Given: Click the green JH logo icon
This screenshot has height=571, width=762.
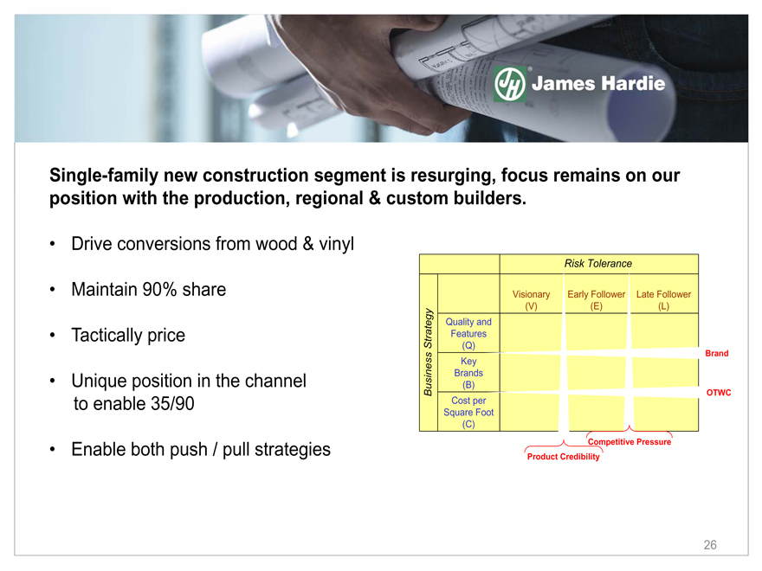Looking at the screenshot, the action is tap(510, 84).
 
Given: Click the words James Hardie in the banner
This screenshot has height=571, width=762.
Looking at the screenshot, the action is tap(598, 84).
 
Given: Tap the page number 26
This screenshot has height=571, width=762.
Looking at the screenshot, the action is tap(710, 545).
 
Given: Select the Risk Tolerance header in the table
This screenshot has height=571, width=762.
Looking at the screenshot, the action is tap(598, 264).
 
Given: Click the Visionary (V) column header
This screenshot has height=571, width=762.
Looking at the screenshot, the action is tap(531, 300).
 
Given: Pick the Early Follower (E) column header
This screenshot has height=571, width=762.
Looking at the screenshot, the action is tap(597, 300).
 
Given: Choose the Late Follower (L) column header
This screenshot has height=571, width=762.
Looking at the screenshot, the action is tap(663, 300).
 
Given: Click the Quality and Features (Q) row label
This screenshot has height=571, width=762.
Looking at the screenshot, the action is tap(468, 334).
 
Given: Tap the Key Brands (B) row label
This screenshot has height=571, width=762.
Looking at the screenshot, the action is tap(468, 373).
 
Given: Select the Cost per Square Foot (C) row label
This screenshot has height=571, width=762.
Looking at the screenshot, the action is tap(468, 412).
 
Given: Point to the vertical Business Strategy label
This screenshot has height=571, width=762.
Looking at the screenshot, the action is tap(428, 352).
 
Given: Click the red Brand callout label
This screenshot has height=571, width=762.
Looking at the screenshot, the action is tap(717, 354).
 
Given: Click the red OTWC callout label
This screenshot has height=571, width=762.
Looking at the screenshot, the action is tap(719, 392).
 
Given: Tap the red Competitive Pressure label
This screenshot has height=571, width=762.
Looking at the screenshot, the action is tap(630, 442).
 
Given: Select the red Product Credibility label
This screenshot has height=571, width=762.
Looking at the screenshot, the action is tap(563, 457).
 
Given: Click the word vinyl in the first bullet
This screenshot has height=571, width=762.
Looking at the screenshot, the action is tap(336, 244).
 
